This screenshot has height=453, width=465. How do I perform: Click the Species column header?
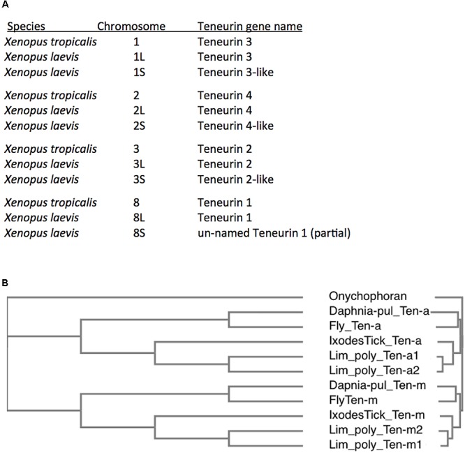26,27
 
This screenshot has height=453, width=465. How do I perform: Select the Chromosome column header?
131,27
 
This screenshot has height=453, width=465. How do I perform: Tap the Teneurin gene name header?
250,27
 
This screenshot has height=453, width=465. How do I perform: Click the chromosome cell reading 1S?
139,72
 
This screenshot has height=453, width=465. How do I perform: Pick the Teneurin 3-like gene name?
235,72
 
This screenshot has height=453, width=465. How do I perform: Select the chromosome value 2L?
139,110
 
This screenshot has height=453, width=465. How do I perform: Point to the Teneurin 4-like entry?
235,126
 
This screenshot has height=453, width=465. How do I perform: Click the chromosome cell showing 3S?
139,179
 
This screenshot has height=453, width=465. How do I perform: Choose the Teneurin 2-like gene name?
235,179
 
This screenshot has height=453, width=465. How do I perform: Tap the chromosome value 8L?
139,218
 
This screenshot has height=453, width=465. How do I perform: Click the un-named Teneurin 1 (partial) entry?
274,233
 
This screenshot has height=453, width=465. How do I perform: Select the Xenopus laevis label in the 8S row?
41,233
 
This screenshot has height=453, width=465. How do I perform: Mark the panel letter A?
5,4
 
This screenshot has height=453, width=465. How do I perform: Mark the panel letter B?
5,283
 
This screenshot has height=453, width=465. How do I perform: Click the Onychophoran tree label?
368,296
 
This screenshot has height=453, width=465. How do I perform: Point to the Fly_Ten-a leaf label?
355,326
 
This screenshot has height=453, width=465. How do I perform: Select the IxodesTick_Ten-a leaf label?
375,341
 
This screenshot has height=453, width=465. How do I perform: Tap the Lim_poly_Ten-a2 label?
374,371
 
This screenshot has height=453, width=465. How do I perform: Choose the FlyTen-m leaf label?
353,400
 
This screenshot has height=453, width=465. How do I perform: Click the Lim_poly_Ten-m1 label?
375,445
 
